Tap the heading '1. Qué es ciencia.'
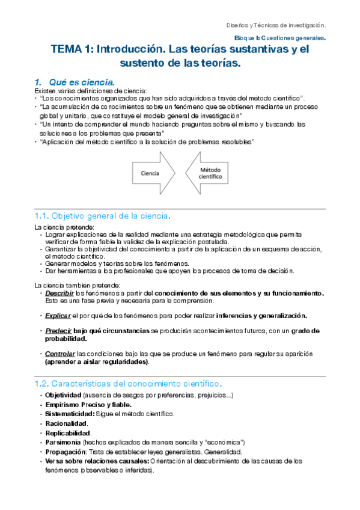click(77, 82)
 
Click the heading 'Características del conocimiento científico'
click(128, 383)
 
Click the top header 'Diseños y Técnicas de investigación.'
click(276, 25)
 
